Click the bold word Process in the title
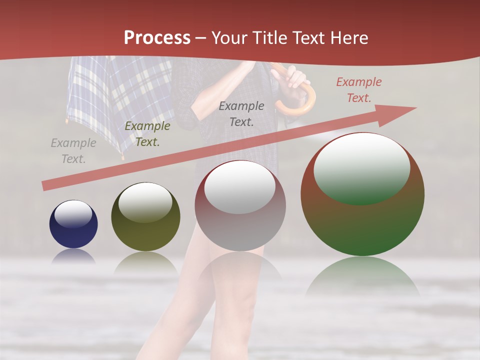coord(157,38)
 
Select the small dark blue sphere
coord(73,224)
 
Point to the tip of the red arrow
coord(415,107)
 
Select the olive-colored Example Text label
coord(147,134)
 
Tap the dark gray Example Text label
coord(241,113)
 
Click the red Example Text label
coord(358,90)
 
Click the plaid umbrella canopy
coord(120,95)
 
